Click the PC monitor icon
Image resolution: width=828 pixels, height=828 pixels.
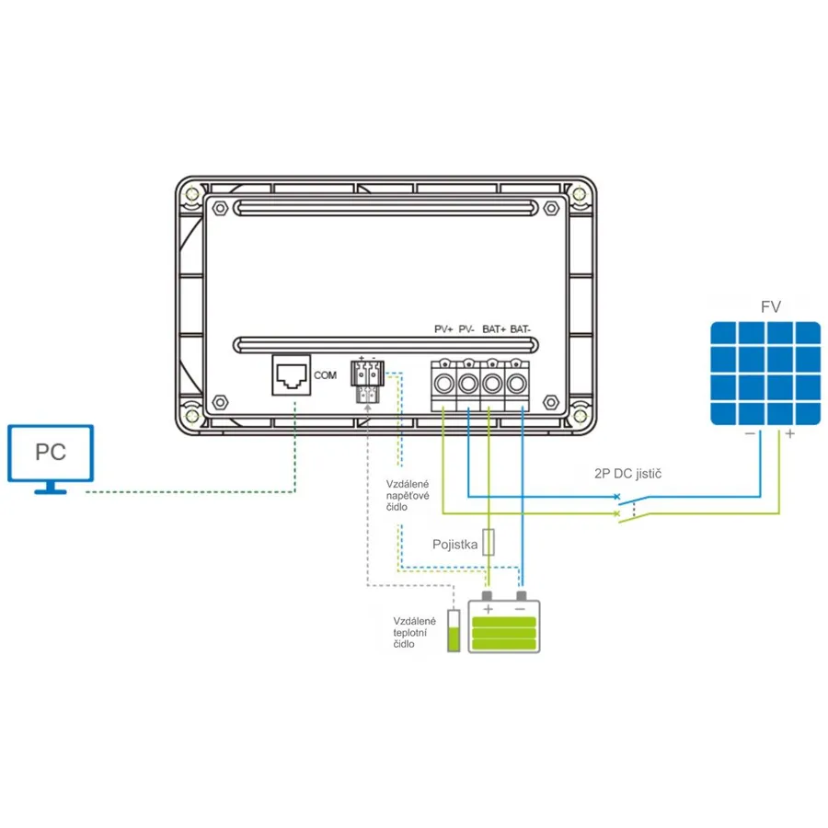(x=51, y=458)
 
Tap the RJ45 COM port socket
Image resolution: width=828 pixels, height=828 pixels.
(x=292, y=375)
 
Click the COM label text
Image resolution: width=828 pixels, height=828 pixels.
(x=326, y=375)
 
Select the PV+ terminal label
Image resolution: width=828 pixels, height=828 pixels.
(x=443, y=329)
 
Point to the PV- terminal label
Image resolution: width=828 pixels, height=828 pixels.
(x=466, y=329)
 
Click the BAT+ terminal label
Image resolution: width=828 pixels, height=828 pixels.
(x=494, y=329)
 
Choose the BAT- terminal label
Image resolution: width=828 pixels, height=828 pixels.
(x=520, y=329)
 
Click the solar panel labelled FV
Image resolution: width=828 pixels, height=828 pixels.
(x=765, y=374)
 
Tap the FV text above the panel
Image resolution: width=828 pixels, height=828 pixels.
(x=770, y=306)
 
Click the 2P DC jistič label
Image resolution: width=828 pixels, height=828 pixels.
(x=627, y=474)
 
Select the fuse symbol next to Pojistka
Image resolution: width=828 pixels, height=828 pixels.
(x=489, y=542)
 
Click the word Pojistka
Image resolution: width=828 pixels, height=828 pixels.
(x=455, y=545)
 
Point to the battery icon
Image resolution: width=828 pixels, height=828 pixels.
(x=504, y=623)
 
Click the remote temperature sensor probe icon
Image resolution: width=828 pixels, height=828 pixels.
(x=454, y=630)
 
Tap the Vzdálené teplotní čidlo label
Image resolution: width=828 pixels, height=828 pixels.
(x=415, y=633)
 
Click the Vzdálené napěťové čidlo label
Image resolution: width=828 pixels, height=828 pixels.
(x=408, y=495)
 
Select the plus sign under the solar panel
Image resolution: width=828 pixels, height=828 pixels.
(x=790, y=434)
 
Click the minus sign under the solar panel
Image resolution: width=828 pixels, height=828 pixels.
(x=750, y=433)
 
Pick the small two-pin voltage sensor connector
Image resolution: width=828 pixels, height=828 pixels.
(x=367, y=381)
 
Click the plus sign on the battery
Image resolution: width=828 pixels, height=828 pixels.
(x=488, y=609)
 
